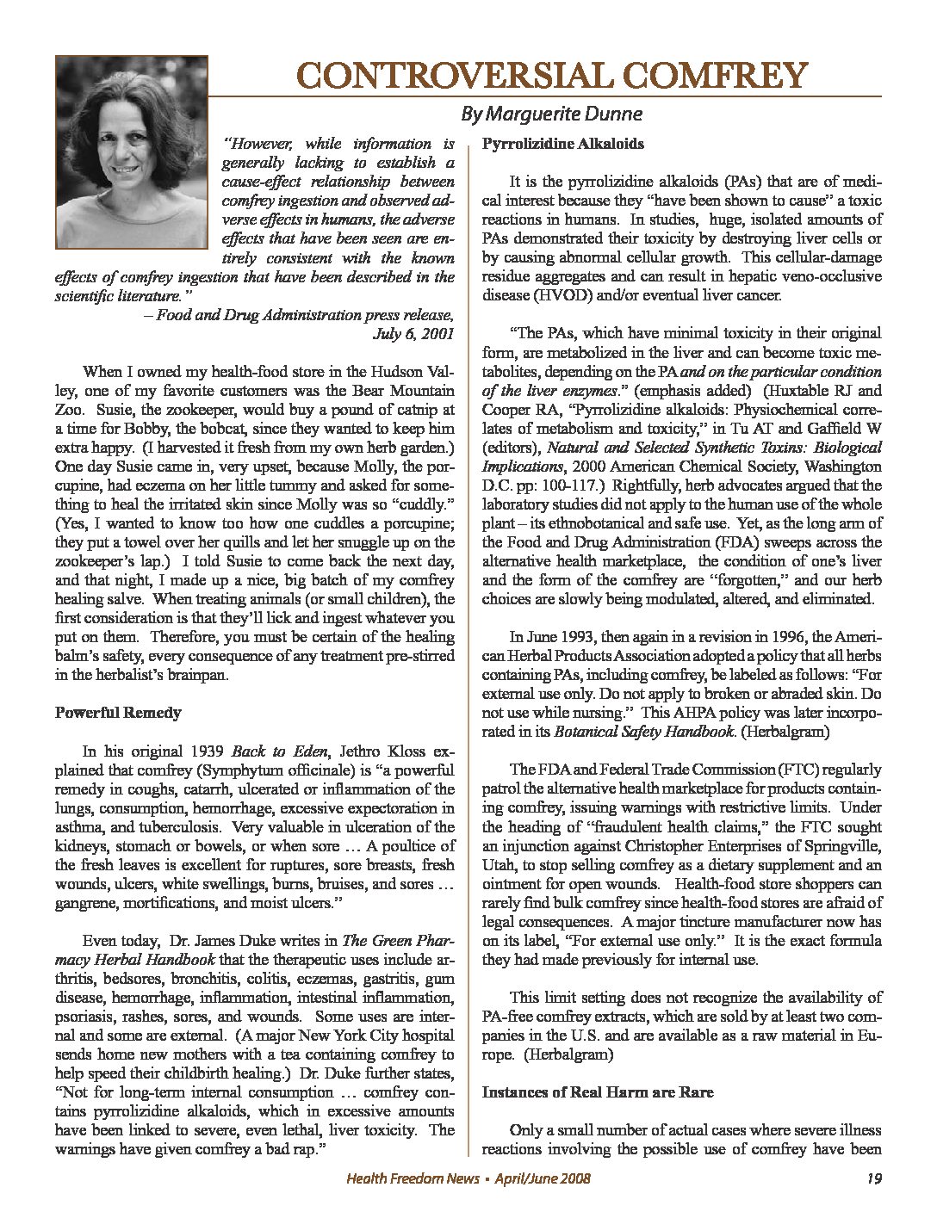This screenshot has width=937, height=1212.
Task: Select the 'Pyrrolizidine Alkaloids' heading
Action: coord(562,144)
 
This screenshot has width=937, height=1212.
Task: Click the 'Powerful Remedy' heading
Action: coord(118,713)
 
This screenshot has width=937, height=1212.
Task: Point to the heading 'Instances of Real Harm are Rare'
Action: coord(597,1092)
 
